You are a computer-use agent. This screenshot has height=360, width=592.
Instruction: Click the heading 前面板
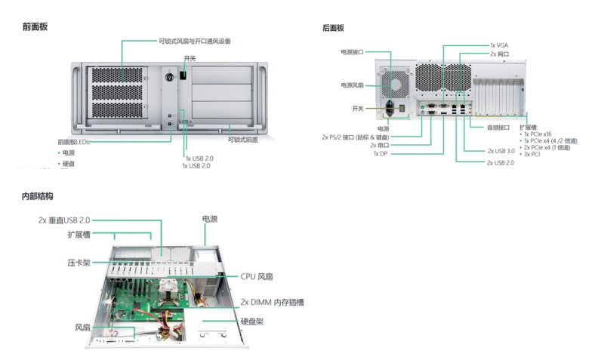point(35,27)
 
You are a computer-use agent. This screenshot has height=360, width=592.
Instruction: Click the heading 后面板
point(333,28)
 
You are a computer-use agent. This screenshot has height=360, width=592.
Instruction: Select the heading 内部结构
point(38,196)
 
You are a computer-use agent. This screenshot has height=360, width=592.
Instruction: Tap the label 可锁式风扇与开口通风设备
point(195,41)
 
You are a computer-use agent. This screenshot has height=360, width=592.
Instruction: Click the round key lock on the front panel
point(168,77)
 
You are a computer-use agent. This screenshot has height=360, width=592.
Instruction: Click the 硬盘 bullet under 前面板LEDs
point(68,163)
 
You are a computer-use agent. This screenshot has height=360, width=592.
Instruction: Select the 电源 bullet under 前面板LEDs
point(68,152)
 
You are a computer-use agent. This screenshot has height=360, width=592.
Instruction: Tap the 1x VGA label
point(498,45)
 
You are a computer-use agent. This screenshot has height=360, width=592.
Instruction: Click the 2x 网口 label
point(499,54)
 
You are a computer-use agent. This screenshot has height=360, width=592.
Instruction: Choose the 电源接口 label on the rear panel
point(352,52)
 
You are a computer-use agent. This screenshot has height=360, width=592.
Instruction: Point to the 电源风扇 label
point(352,85)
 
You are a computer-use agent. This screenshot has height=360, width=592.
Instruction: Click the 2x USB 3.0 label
point(501,151)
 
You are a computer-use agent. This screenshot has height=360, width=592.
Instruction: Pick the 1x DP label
point(379,153)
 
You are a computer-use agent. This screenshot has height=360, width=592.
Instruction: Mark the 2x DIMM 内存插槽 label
point(272,302)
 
